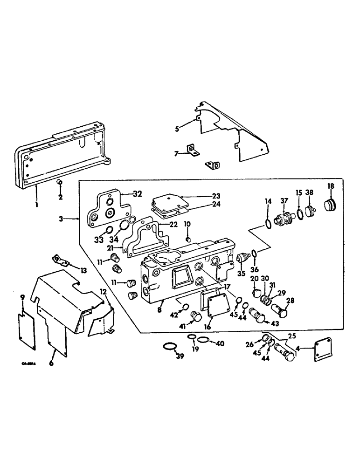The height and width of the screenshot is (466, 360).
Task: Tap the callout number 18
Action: tap(330, 186)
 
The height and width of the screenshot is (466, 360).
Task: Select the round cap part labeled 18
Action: tap(330, 206)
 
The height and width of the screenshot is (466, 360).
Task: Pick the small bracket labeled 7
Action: tap(192, 150)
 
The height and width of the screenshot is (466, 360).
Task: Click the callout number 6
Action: tap(51, 363)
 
